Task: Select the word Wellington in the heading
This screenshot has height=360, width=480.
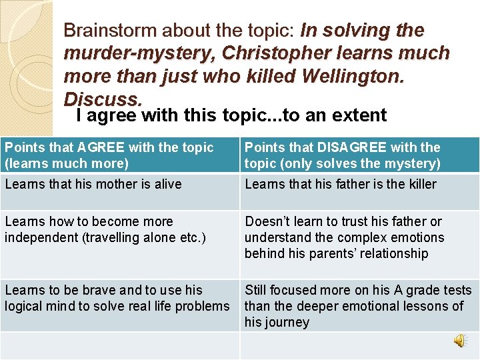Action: point(351,76)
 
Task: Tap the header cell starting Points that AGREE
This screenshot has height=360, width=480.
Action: point(119,155)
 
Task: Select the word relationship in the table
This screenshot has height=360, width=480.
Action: point(396,253)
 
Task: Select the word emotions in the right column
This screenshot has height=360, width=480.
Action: point(419,237)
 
